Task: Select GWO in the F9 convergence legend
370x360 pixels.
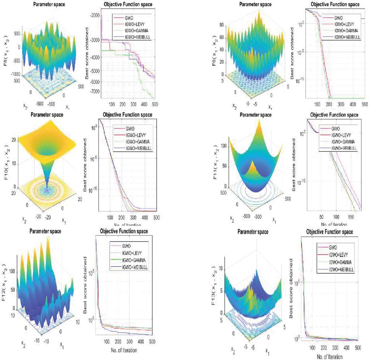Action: coord(339,17)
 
